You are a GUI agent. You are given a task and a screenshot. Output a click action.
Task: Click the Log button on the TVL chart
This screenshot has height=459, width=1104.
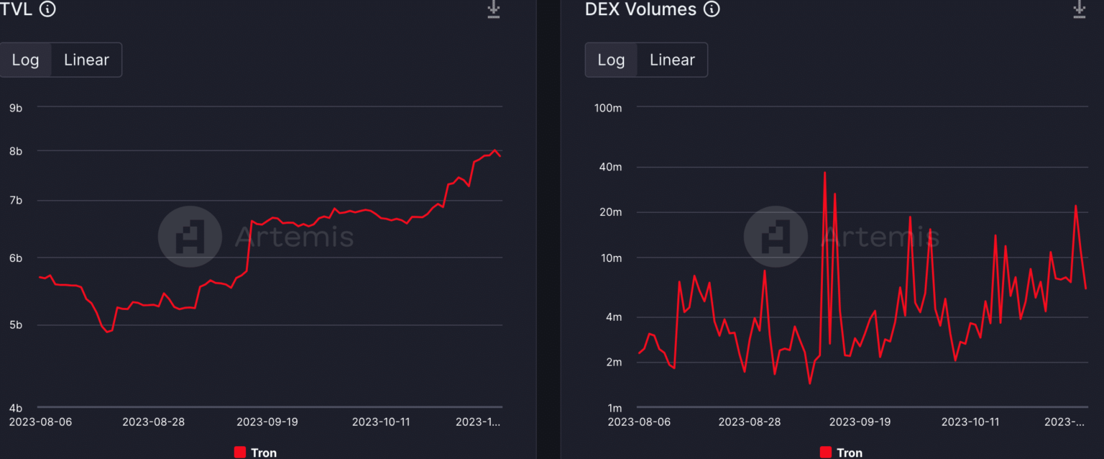tap(25, 60)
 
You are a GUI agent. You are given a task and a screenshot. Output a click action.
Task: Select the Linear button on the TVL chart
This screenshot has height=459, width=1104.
tap(86, 60)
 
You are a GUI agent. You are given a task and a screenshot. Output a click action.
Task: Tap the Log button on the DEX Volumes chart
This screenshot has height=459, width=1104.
tap(611, 60)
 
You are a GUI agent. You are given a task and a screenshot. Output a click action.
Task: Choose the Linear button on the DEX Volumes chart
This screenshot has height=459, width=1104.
tap(672, 60)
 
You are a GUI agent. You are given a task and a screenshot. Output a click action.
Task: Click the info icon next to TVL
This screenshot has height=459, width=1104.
tap(47, 9)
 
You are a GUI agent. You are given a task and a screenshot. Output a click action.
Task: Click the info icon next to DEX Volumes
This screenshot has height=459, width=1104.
tap(712, 9)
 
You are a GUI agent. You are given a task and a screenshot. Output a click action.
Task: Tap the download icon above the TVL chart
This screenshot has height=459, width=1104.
tap(493, 9)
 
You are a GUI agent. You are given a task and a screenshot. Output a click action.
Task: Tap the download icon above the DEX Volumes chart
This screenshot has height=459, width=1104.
tap(1079, 9)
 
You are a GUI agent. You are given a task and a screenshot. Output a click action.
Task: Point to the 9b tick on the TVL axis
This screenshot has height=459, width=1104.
tap(15, 108)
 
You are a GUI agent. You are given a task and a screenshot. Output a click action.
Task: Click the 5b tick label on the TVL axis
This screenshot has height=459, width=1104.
tap(15, 325)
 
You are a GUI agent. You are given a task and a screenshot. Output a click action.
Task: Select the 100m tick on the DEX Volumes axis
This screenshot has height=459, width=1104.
tap(608, 108)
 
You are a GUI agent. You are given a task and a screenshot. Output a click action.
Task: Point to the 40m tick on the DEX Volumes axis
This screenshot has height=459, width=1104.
tap(610, 167)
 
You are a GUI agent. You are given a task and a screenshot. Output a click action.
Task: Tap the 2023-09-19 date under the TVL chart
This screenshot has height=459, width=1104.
tap(267, 422)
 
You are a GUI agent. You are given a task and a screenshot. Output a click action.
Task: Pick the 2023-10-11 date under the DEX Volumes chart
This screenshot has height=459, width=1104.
tap(970, 422)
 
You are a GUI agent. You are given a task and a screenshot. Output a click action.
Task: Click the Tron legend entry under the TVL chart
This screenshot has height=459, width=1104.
tap(256, 453)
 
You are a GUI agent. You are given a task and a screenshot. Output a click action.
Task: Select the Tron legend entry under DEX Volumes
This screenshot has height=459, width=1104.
tap(842, 453)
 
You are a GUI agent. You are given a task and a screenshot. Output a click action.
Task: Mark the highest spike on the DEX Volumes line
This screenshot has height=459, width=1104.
tap(824, 173)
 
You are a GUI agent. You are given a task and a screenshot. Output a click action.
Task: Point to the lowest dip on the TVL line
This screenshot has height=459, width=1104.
tap(107, 332)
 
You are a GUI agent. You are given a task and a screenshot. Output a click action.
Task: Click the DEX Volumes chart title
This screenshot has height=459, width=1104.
tap(640, 9)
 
